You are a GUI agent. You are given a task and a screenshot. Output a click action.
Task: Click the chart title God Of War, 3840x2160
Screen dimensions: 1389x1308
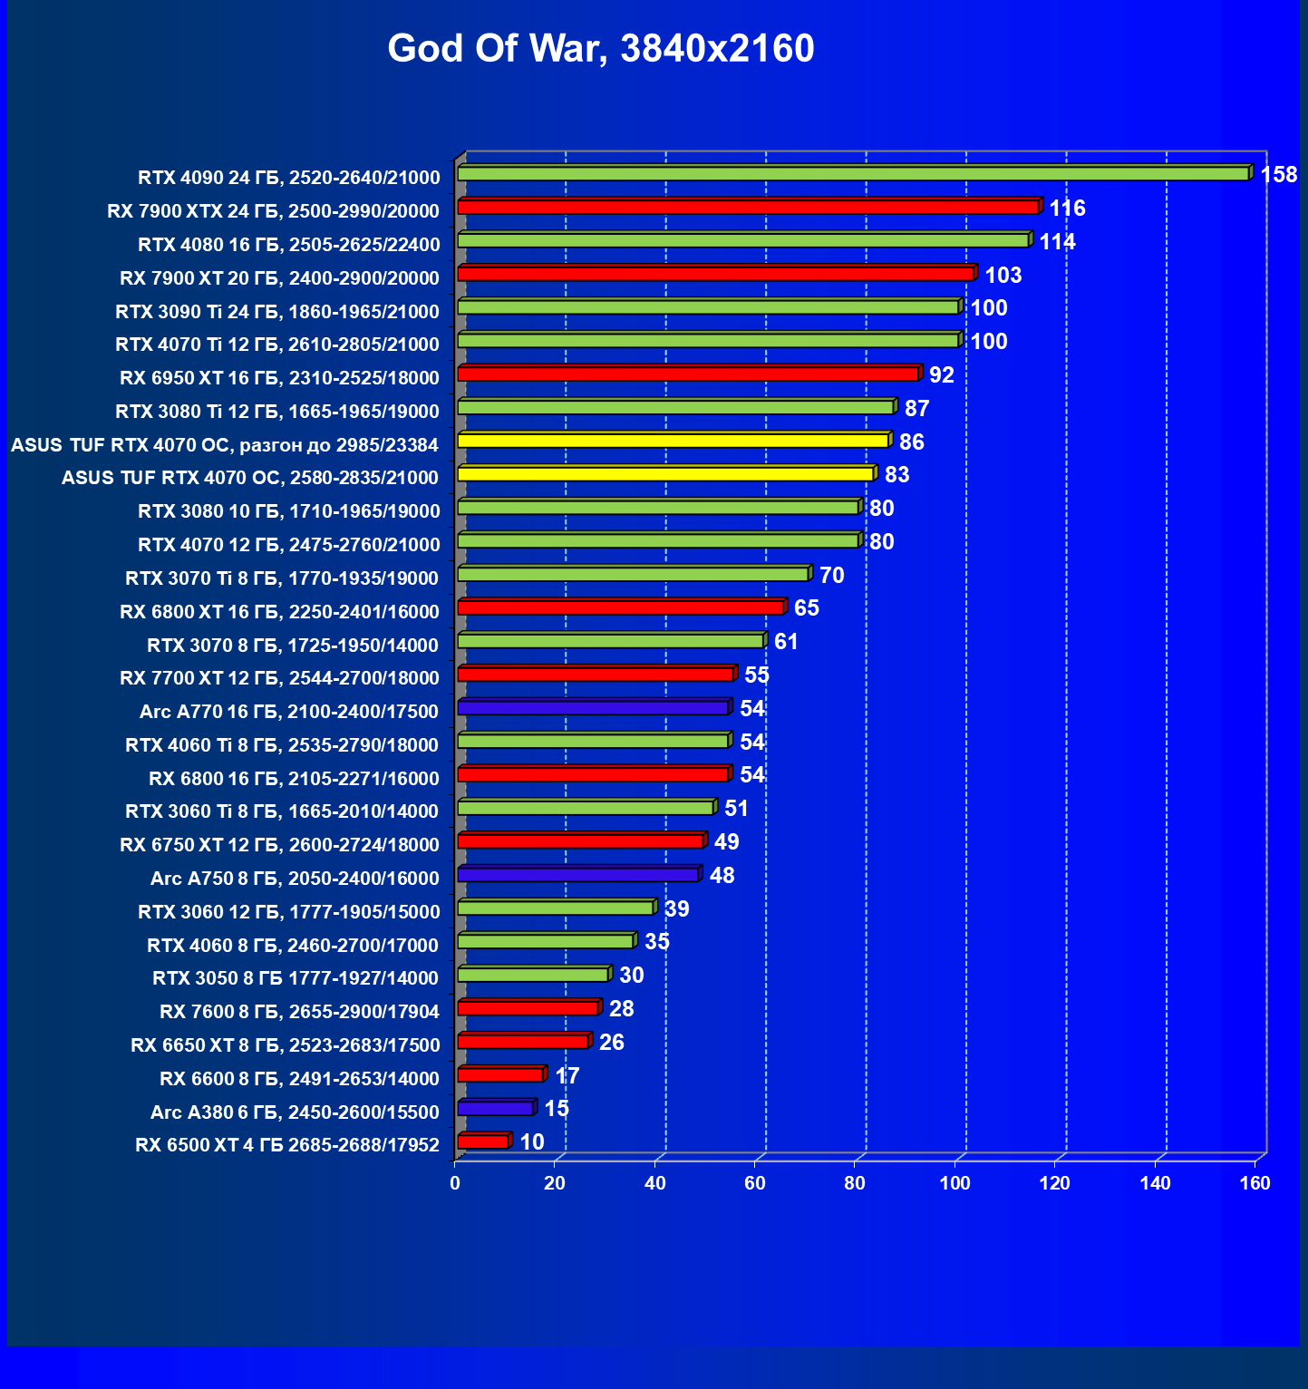tap(601, 49)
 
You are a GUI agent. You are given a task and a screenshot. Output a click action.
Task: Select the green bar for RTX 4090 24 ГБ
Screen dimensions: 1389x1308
tap(852, 173)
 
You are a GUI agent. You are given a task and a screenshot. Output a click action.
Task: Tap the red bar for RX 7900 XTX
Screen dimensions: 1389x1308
tap(748, 208)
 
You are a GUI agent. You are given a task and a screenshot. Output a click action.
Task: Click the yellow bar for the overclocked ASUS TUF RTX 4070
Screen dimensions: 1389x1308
tap(673, 441)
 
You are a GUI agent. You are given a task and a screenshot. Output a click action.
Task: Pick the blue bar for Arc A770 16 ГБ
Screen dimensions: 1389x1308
tap(593, 707)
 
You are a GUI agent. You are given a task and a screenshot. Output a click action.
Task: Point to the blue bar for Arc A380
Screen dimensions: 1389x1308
tap(495, 1108)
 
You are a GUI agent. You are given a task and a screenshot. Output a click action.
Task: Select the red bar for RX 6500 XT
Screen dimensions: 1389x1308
tap(483, 1141)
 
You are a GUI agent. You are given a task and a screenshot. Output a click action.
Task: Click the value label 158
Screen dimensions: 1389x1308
tap(1278, 174)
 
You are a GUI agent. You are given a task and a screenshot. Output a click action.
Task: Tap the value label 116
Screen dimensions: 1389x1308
tap(1067, 209)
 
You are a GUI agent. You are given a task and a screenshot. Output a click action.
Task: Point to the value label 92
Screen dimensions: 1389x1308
tap(941, 375)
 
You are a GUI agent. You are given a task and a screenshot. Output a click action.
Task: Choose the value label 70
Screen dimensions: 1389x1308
tap(831, 576)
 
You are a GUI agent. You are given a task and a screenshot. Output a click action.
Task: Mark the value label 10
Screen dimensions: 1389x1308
tap(532, 1142)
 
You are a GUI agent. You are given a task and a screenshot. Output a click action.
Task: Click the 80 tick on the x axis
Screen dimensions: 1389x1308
tap(855, 1183)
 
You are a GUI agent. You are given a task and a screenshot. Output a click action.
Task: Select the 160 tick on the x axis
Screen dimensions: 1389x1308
tap(1255, 1183)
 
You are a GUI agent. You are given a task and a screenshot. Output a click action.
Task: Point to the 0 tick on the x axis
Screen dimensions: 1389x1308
tap(455, 1183)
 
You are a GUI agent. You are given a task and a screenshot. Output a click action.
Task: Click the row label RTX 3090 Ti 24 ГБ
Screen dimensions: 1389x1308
tap(277, 312)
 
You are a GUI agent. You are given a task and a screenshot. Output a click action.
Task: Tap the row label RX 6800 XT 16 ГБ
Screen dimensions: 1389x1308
tap(279, 612)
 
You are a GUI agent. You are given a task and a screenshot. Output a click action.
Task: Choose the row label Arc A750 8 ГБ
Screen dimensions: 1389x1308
tap(295, 879)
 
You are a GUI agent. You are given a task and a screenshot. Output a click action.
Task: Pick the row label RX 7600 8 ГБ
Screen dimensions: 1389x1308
tap(299, 1012)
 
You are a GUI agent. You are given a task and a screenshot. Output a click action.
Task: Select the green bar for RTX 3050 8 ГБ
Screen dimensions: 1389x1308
tap(533, 975)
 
